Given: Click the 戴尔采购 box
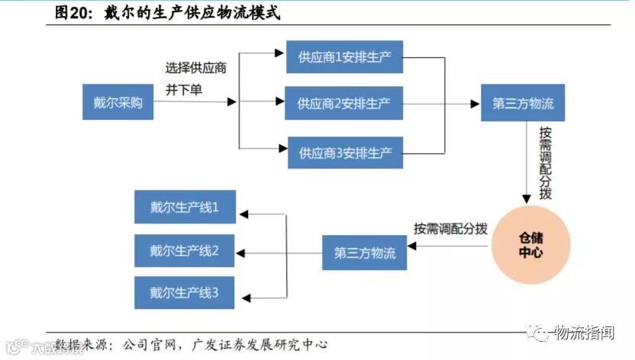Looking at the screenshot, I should [118, 103].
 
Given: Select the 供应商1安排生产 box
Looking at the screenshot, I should [345, 56].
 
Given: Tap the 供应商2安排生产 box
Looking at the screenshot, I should [344, 104].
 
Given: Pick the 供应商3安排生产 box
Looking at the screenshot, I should [345, 153].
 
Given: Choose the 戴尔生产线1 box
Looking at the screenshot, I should [185, 207].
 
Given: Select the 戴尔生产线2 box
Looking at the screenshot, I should [185, 250].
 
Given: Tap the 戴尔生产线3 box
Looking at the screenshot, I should [185, 292].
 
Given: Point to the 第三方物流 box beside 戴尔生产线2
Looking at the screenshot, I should [365, 253].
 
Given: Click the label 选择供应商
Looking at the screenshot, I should [196, 68].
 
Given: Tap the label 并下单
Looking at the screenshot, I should [184, 89].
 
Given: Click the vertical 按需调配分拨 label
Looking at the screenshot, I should [544, 162].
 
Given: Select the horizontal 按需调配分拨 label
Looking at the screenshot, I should [451, 228].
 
